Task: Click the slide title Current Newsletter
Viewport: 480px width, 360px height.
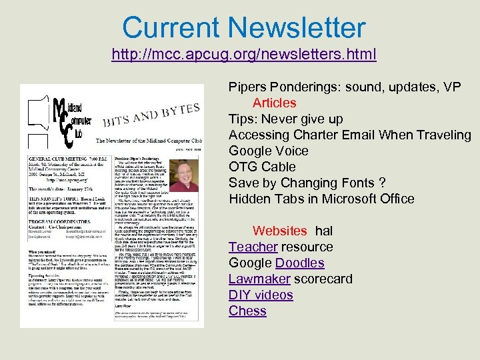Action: click(x=243, y=27)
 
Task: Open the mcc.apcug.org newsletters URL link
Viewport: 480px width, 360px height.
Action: click(x=243, y=53)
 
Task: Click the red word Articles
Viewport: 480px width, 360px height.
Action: click(x=274, y=103)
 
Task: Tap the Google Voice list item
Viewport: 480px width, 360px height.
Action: click(x=268, y=151)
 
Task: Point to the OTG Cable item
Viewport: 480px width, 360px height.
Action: click(x=261, y=167)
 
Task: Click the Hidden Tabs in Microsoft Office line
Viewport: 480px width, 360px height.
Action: click(x=321, y=199)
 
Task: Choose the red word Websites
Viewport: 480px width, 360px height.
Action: click(x=280, y=231)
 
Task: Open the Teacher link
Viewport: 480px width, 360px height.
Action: click(x=253, y=247)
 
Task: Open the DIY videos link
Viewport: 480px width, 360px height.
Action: click(x=261, y=295)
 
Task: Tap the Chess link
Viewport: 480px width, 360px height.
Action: click(x=247, y=311)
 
